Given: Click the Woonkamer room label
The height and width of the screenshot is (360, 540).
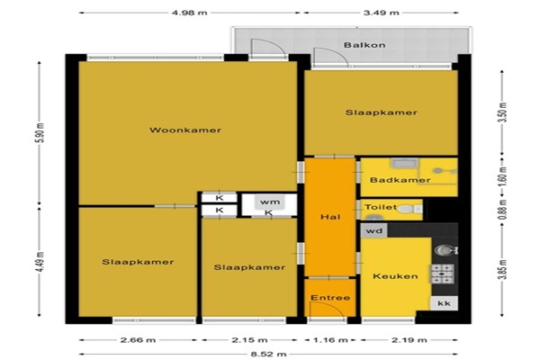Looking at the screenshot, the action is (x=185, y=130).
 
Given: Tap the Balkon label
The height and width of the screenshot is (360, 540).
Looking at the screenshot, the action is (x=364, y=45).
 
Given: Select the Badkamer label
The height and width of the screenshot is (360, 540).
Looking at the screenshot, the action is (x=400, y=180).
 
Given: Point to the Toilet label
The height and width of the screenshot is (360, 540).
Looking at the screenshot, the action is (x=381, y=207).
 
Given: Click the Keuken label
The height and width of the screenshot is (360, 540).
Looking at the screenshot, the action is (x=395, y=276).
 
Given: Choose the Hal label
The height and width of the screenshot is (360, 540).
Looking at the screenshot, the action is (x=330, y=217).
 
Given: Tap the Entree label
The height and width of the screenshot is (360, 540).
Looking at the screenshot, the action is (x=330, y=298).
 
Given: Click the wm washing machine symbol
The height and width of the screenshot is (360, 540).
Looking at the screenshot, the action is (x=270, y=202).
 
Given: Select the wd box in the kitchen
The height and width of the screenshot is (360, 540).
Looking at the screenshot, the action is (x=374, y=230).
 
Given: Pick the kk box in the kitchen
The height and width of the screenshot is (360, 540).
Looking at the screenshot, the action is (x=444, y=303).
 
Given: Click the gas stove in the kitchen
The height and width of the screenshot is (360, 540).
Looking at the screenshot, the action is (x=443, y=274).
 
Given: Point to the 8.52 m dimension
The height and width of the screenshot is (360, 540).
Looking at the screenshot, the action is (x=268, y=354).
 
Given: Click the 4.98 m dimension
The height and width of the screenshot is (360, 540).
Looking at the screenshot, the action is (x=189, y=13).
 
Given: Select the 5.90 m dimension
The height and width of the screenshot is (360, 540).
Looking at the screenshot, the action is (x=40, y=132).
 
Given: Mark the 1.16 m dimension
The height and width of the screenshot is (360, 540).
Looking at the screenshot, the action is (x=330, y=340).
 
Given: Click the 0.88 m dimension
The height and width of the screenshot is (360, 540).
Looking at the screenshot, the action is (x=503, y=210).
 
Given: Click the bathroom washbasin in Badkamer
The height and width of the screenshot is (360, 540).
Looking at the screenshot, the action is (x=404, y=163).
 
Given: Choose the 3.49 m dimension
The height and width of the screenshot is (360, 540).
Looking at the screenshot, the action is (x=382, y=13).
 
